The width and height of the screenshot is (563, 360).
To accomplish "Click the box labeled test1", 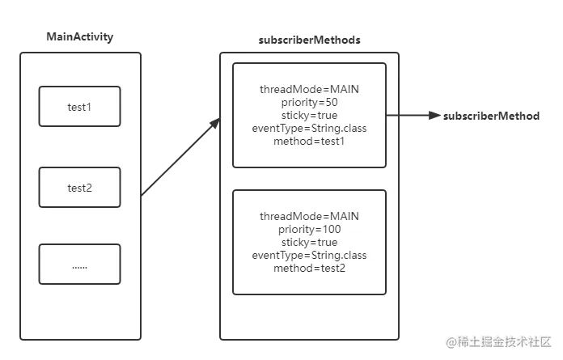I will (79, 106).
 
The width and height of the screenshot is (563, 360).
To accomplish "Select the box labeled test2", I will (79, 188).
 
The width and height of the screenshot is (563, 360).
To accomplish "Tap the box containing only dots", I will (79, 265).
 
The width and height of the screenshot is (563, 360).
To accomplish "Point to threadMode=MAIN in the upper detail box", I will (309, 89).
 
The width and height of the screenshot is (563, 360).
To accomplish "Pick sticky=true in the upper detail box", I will (309, 116).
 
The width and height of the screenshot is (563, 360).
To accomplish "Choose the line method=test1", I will (309, 142).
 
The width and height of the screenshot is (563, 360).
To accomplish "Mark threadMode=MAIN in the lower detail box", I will (309, 216).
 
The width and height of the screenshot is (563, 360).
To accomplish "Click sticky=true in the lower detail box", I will (309, 242).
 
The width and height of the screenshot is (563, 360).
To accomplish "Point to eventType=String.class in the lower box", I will (309, 255).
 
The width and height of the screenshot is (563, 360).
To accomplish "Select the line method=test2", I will (309, 268).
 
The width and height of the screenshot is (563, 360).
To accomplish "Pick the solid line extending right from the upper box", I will (404, 116).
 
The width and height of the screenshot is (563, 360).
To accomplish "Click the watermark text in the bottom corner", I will (496, 342).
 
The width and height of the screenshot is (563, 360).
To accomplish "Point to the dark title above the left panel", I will (80, 39).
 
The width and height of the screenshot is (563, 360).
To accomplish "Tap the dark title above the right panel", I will (307, 39).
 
